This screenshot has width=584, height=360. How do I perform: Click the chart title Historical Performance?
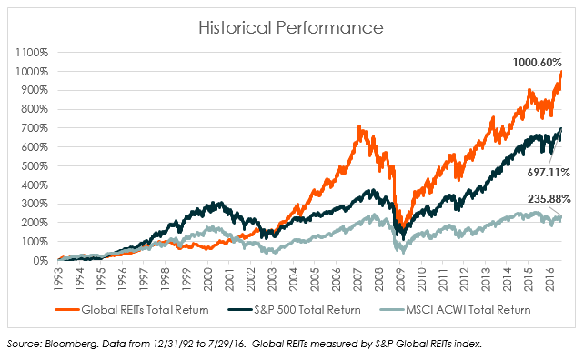(291, 28)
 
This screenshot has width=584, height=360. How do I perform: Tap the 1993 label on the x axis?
(59, 279)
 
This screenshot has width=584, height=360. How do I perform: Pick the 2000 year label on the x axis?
(209, 279)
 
